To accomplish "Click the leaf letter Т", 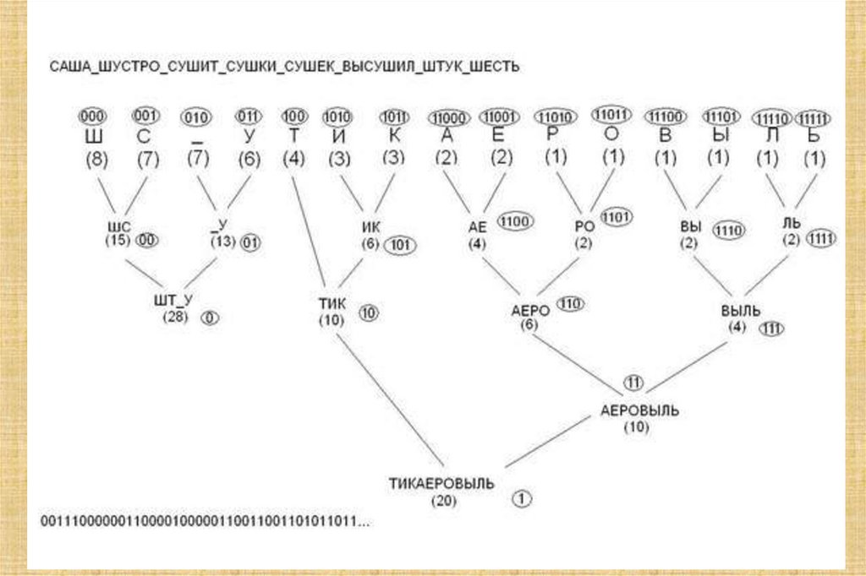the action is click(293, 135).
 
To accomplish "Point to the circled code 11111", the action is click(814, 118).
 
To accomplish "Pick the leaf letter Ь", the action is click(814, 135).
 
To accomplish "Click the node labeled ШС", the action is click(119, 227).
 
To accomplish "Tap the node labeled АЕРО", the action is click(530, 310).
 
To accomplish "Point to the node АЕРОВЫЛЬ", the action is click(639, 410).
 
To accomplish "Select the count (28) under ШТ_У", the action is click(175, 317).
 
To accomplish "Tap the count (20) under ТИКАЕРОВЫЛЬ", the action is click(442, 501).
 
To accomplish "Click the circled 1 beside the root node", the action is click(523, 498).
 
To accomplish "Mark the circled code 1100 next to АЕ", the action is click(513, 221).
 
